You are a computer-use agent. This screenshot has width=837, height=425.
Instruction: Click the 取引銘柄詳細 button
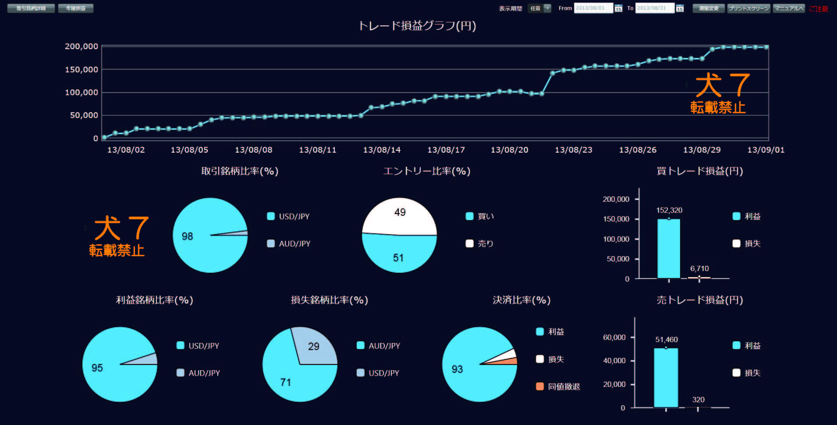coord(31,8)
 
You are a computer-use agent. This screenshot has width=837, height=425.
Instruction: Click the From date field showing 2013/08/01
coord(593,8)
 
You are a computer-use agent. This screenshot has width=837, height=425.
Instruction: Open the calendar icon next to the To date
coord(680,8)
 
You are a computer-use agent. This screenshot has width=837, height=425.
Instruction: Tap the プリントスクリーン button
coord(748,8)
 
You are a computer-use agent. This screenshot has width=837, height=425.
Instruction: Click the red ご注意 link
coord(819,9)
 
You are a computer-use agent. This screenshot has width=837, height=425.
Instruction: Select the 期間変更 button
coord(709,8)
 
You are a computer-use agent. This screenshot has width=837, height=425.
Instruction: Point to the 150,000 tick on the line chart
coord(82,70)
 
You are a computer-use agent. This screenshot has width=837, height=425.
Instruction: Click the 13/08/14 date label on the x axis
coord(382,150)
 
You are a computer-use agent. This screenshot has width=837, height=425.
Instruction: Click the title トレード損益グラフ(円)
coord(417,26)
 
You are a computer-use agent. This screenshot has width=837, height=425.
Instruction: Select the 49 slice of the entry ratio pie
coord(400,215)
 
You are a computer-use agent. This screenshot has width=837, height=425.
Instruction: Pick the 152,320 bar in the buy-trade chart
coord(669,248)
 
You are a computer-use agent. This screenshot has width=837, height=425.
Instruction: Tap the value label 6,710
coord(699,268)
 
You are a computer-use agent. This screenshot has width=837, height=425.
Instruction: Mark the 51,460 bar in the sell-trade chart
coord(666,378)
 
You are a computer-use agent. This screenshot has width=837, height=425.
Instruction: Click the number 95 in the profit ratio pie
coord(97,368)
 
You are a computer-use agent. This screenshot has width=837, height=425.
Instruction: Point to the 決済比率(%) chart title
coord(521,300)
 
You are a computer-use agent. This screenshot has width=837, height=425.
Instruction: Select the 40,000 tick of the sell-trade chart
coord(614,361)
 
